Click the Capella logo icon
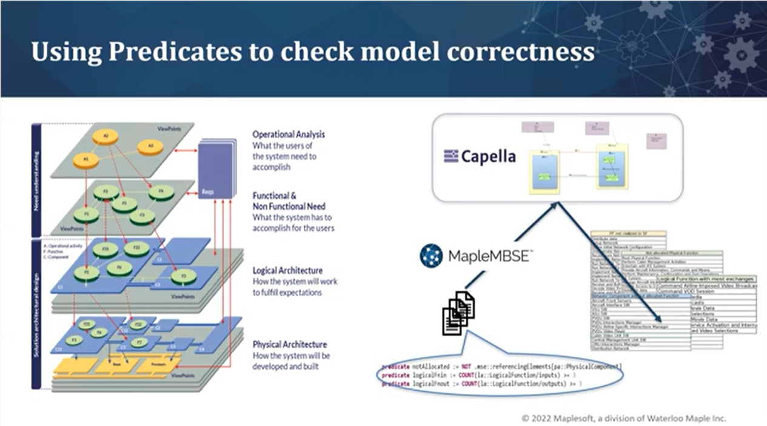450,157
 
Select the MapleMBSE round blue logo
431,256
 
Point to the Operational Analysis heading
289,134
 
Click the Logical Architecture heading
287,270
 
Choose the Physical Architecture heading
290,344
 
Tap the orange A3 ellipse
151,147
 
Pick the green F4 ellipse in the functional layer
162,192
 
